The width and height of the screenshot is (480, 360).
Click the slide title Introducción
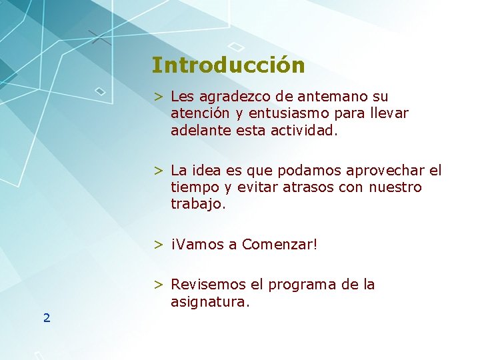click(x=228, y=65)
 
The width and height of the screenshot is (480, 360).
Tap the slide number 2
click(x=47, y=318)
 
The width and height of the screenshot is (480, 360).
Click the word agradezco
click(x=231, y=97)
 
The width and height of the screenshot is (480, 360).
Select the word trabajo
click(x=198, y=205)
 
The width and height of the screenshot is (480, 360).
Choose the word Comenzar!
click(x=280, y=245)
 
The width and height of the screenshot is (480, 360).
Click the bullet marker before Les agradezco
click(x=159, y=97)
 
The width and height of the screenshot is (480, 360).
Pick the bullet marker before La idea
click(x=159, y=171)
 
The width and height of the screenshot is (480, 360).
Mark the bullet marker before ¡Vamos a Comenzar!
click(x=159, y=245)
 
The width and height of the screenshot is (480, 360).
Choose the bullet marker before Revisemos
click(x=159, y=285)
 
